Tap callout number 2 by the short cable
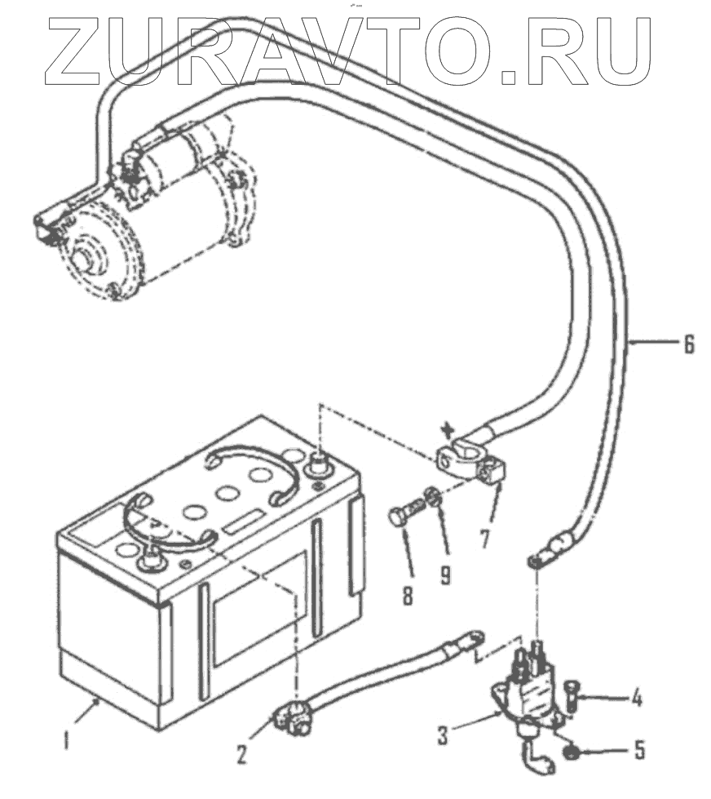click(242, 752)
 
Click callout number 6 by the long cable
click(689, 345)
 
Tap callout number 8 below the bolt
click(408, 590)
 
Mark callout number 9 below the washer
click(445, 574)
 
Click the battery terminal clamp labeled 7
click(469, 465)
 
